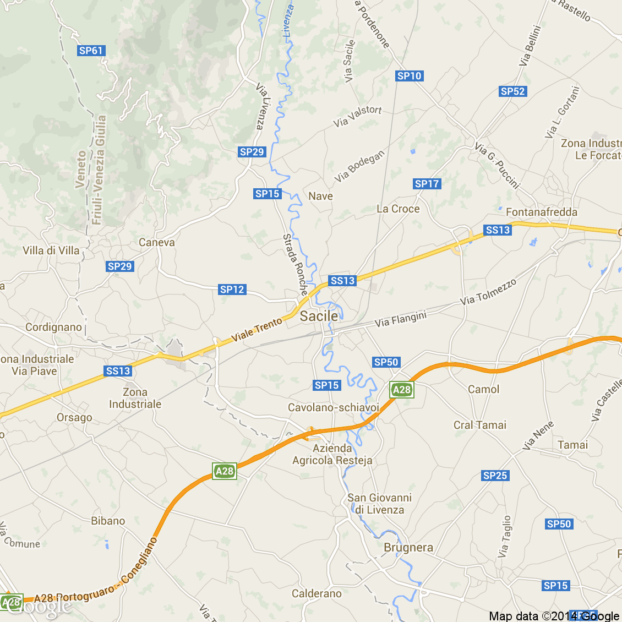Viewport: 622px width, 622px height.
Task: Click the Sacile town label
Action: tap(319, 316)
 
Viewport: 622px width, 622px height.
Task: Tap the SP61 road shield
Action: tap(91, 51)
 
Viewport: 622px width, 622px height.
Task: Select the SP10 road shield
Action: tap(409, 76)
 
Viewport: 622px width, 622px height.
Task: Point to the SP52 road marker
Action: tap(512, 91)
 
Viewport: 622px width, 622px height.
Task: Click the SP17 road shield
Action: tap(427, 184)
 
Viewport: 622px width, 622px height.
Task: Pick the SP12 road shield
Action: tap(232, 290)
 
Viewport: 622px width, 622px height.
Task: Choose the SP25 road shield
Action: tap(495, 476)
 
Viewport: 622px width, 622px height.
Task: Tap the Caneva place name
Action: tap(157, 242)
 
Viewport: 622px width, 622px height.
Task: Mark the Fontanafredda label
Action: tap(542, 212)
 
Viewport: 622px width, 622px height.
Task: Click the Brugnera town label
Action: tap(408, 548)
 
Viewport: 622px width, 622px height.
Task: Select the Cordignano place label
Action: tap(53, 327)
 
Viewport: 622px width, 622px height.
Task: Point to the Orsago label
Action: tap(74, 417)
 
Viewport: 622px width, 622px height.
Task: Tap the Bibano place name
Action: tap(108, 521)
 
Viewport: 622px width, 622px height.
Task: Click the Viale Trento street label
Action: tap(257, 329)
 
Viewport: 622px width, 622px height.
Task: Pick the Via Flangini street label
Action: tap(401, 319)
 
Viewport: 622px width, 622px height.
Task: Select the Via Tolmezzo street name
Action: tap(488, 292)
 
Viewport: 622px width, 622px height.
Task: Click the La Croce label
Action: tap(398, 209)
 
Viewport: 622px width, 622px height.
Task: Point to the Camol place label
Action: tap(483, 389)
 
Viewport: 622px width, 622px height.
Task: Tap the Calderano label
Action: tap(317, 593)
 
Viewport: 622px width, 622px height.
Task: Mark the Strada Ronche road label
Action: tap(295, 264)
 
